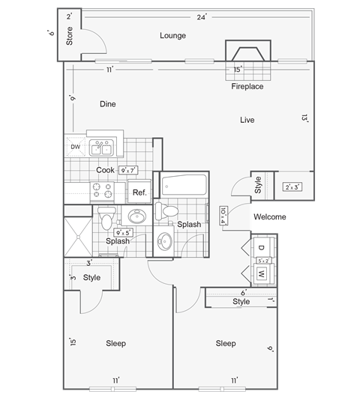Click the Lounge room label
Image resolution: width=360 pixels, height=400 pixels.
point(172,35)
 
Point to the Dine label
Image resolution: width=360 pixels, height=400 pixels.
point(108,105)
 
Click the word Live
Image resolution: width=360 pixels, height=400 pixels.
point(247,120)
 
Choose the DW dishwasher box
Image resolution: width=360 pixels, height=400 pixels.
point(75,147)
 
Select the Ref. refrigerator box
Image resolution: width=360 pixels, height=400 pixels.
point(139,193)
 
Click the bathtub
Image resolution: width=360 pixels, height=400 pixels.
point(181,185)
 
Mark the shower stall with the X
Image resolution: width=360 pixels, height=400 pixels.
point(77,234)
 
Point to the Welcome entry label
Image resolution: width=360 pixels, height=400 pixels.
point(269,217)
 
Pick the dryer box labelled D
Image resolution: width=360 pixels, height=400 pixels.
point(261,247)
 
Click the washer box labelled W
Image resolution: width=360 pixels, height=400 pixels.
point(261,274)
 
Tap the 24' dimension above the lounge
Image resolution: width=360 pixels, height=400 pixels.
point(201,16)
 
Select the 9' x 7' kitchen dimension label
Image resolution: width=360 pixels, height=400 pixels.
point(130,170)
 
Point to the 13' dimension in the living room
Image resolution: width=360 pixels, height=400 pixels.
point(304,118)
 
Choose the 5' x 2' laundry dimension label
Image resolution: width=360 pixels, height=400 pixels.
point(263,261)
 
